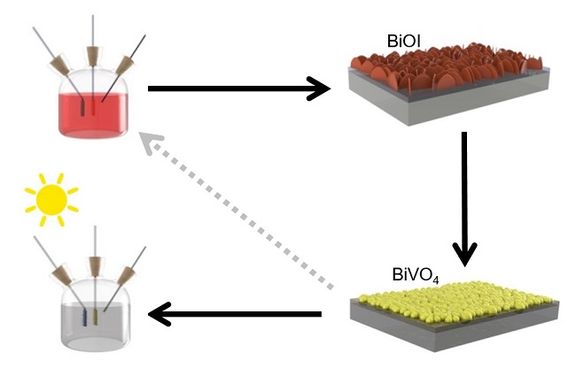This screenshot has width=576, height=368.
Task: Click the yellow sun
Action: coord(50,200)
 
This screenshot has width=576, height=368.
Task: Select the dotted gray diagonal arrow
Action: coord(239,212)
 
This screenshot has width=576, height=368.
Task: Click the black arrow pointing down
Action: coord(463,199)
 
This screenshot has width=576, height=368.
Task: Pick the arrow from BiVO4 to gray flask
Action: coord(235,313)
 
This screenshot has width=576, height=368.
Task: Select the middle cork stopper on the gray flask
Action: coord(94,264)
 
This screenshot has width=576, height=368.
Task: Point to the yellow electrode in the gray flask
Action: coord(94,316)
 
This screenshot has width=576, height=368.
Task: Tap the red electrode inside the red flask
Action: coord(87,105)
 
